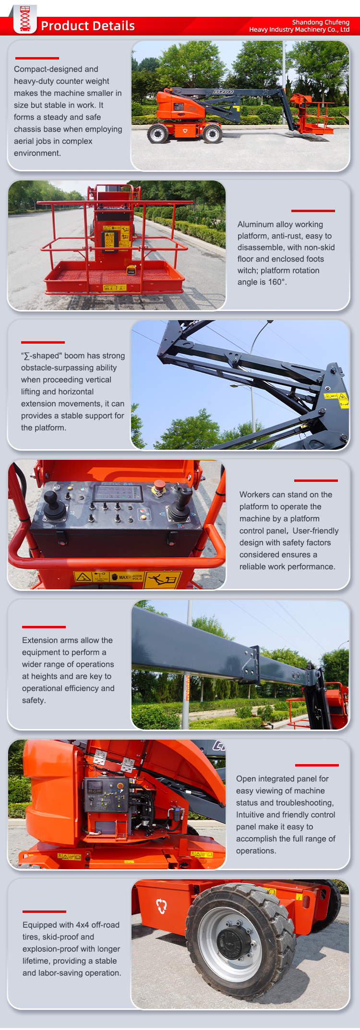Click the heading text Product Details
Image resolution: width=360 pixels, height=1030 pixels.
click(x=88, y=26)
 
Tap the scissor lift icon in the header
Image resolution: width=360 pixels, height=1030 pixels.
click(x=25, y=20)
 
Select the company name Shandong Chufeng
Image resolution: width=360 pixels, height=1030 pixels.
click(x=321, y=22)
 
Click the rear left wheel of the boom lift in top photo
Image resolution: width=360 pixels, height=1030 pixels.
click(x=158, y=133)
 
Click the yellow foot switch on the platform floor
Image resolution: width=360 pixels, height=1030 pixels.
click(x=131, y=271)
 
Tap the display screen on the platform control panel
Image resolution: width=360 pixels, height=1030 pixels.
click(x=118, y=492)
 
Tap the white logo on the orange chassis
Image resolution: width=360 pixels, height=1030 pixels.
click(x=161, y=906)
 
